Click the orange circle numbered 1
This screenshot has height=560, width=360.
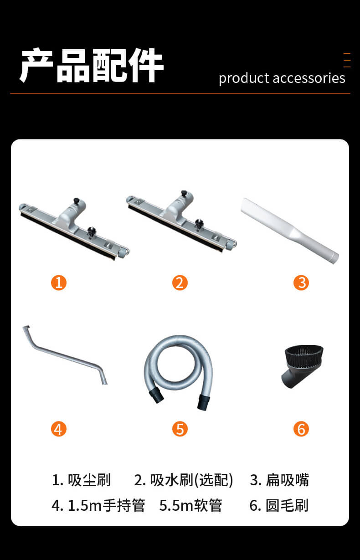coord(59,283)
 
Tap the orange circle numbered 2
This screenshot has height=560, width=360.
coord(180,283)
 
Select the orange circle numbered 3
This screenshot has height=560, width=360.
coord(301,283)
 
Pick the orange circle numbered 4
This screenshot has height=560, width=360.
coord(59,429)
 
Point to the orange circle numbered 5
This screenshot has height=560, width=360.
coord(180,429)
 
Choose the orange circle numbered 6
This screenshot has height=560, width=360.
coord(301,429)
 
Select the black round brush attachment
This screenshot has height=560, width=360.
coord(303,366)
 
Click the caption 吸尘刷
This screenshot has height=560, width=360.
coord(89,480)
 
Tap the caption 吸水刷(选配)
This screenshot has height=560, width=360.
coord(192,480)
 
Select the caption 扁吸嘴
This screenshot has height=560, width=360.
coord(288,480)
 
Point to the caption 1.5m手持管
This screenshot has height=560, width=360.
coord(107,505)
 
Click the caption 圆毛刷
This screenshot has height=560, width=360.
coord(287,505)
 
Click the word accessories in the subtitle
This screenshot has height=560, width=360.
coord(309,78)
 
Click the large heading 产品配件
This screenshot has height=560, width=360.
coord(92,65)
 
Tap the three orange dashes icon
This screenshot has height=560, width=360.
coord(347,60)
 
